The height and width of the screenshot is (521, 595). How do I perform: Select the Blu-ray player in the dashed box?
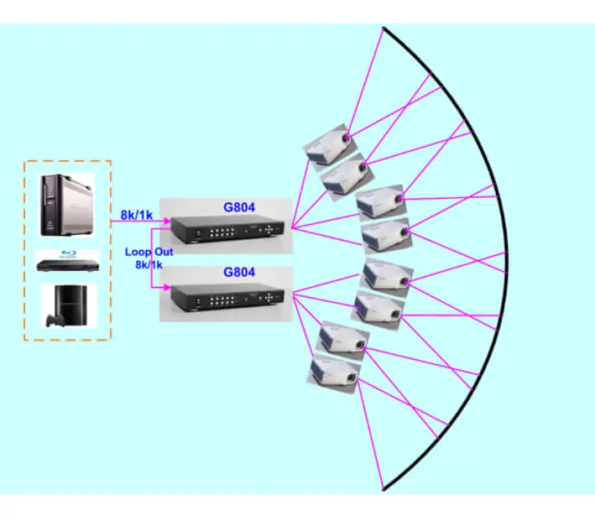(67, 263)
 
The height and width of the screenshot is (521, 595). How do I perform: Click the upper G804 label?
(239, 206)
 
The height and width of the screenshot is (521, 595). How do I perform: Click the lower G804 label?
(239, 272)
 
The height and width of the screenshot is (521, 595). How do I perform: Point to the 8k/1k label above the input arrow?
(137, 215)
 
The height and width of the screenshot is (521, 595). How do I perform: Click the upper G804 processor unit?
(227, 230)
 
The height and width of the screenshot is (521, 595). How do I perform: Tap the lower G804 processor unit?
(227, 297)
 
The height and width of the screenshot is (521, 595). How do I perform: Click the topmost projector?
(328, 145)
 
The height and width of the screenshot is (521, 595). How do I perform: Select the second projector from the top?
(344, 174)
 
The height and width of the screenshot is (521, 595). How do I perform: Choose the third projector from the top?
(380, 203)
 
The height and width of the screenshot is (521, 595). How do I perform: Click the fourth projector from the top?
(385, 237)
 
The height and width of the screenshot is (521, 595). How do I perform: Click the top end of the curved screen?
(383, 29)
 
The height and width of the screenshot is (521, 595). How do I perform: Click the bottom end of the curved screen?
(383, 489)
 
